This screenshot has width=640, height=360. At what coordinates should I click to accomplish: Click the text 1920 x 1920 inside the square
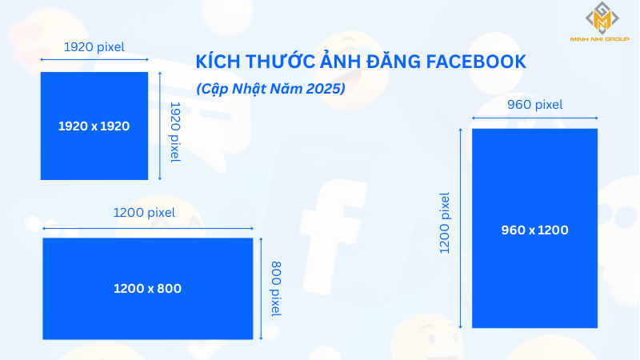click(x=94, y=126)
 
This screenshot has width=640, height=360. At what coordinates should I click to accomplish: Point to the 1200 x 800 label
click(x=147, y=288)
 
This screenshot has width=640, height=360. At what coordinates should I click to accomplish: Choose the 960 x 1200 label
click(x=534, y=230)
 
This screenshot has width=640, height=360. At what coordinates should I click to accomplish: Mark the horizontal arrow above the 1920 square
click(x=94, y=59)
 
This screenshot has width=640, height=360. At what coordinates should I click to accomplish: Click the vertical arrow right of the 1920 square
click(x=162, y=126)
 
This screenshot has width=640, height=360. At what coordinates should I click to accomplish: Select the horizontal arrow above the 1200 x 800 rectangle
click(x=147, y=227)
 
